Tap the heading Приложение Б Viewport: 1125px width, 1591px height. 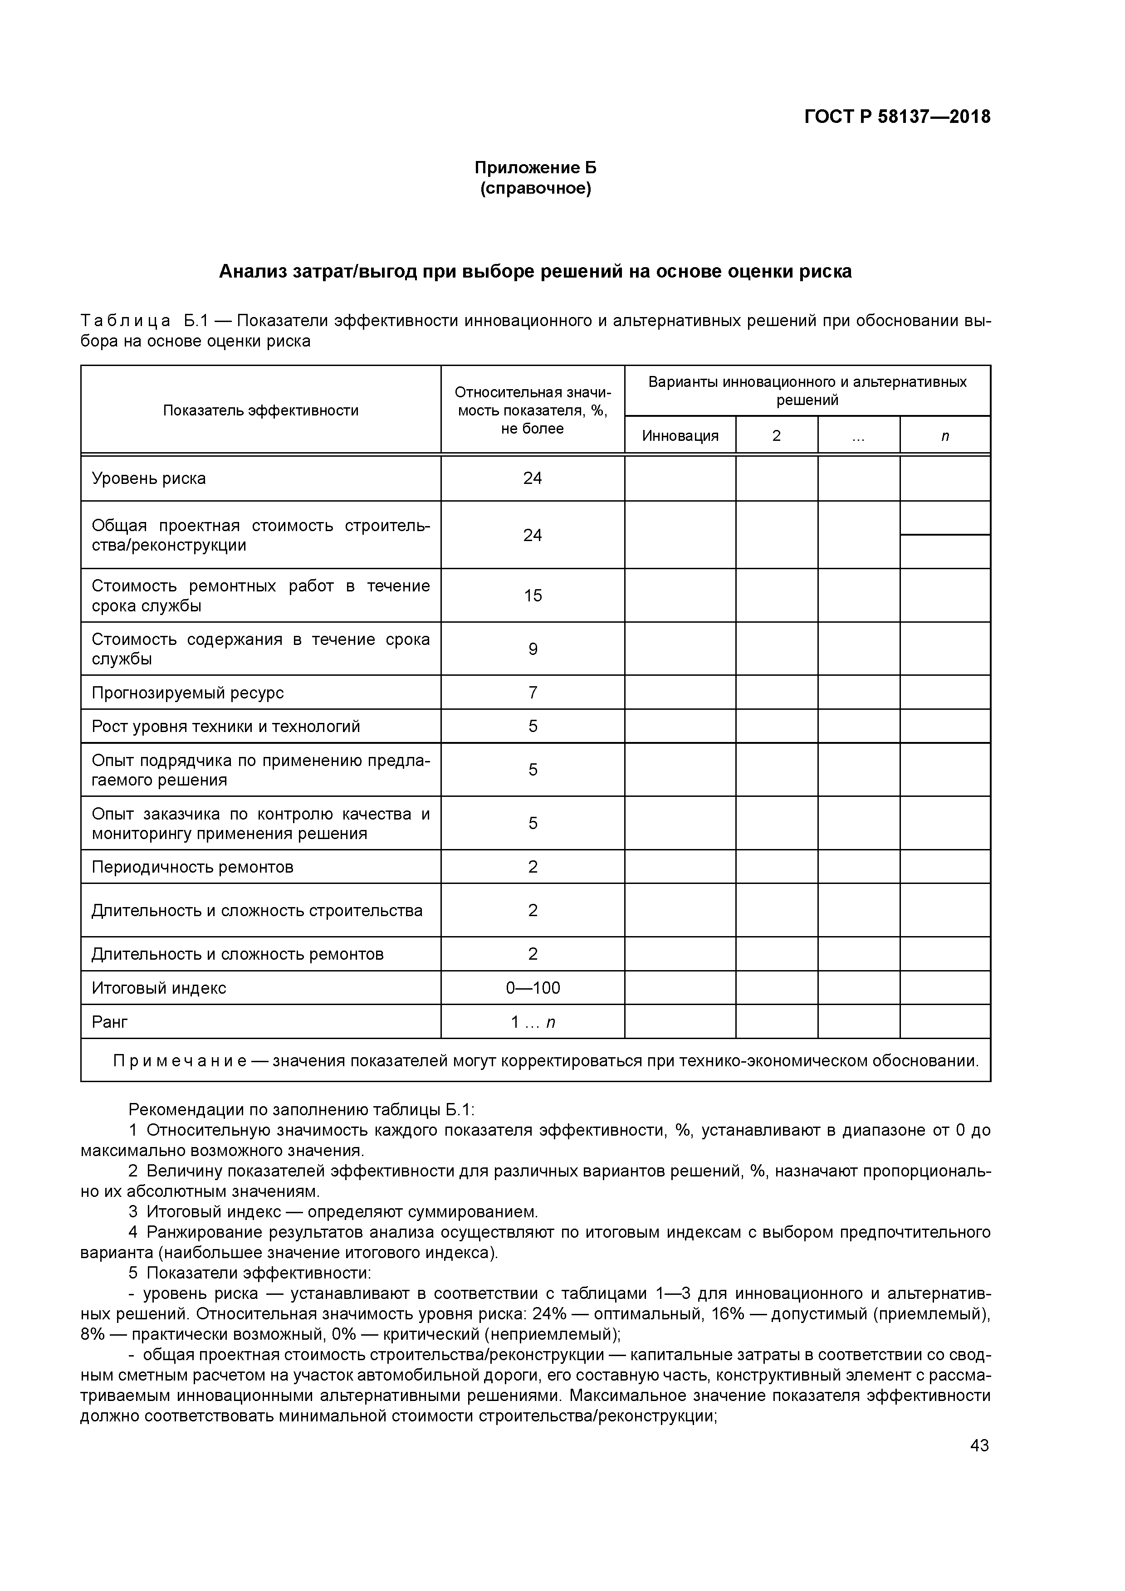pyautogui.click(x=535, y=168)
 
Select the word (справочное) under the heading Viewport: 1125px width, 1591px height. pyautogui.click(x=535, y=189)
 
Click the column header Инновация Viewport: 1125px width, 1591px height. pyautogui.click(x=680, y=436)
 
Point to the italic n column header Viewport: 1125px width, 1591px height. pyautogui.click(x=945, y=436)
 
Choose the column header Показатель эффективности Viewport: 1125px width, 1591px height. pyautogui.click(x=261, y=410)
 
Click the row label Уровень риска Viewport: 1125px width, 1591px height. pyautogui.click(x=149, y=478)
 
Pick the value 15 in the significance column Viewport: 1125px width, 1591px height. pyautogui.click(x=533, y=595)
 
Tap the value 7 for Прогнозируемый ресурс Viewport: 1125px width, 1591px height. pyautogui.click(x=533, y=692)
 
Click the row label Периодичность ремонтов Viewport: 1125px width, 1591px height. pyautogui.click(x=193, y=867)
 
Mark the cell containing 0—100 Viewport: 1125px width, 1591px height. pyautogui.click(x=533, y=987)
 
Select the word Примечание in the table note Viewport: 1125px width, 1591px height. pyautogui.click(x=180, y=1060)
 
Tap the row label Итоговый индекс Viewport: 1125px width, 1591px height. pyautogui.click(x=159, y=987)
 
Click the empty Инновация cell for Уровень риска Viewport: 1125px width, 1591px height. pyautogui.click(x=680, y=478)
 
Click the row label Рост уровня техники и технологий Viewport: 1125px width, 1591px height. pyautogui.click(x=226, y=726)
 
